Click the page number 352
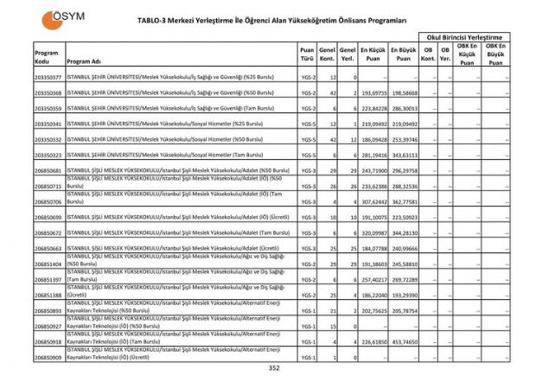click(x=274, y=368)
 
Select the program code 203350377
click(x=48, y=78)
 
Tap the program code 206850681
click(x=48, y=171)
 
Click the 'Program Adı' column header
click(x=84, y=62)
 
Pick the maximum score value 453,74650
click(x=404, y=341)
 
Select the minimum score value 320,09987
click(x=373, y=233)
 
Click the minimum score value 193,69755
click(x=373, y=93)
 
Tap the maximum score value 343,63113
click(x=404, y=156)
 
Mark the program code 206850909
click(x=48, y=357)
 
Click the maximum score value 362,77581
click(x=404, y=202)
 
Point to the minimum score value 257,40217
click(x=373, y=280)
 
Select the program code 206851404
click(x=48, y=264)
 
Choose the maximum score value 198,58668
click(x=404, y=93)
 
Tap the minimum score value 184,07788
click(x=373, y=249)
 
